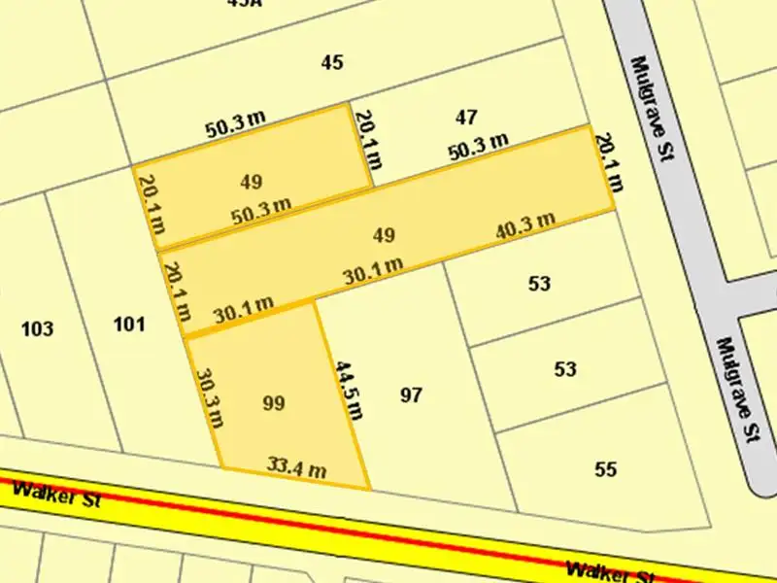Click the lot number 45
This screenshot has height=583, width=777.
332,63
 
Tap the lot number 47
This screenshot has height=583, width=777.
466,118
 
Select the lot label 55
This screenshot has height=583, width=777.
605,470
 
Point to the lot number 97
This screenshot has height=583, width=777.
412,395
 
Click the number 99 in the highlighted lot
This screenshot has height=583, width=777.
274,402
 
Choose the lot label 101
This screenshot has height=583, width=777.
129,325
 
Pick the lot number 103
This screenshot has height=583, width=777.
37,328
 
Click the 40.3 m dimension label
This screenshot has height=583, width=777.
524,225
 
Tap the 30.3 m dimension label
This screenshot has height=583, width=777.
210,396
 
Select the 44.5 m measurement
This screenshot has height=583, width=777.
348,390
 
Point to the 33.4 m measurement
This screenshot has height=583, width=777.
296,470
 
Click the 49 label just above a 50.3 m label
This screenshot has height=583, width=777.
251,182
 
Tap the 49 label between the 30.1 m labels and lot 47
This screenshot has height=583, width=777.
384,235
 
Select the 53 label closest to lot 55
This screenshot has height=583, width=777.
564,369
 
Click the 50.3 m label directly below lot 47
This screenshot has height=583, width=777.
478,147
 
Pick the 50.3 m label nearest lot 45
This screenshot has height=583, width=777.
235,123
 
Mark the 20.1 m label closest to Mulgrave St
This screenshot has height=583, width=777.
606,163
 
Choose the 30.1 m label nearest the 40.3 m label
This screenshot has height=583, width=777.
373,270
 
